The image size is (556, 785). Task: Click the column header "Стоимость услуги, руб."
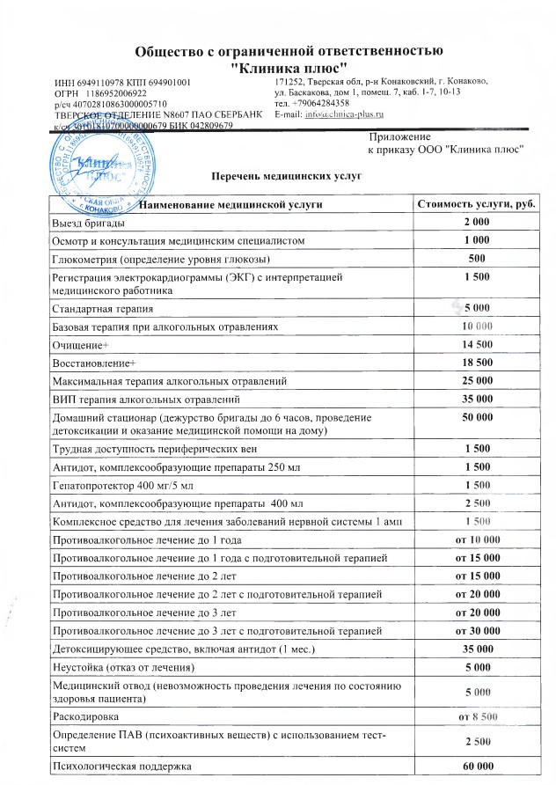[476, 204]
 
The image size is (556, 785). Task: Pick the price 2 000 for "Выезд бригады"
[476, 222]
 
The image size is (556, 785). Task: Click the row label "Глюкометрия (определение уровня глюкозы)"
[161, 259]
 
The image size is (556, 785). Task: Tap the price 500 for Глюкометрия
[476, 259]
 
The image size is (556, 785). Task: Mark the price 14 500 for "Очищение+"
[476, 344]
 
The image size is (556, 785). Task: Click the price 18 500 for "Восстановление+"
[476, 362]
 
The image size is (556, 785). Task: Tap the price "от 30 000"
[476, 631]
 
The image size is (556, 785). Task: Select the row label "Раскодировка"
[85, 717]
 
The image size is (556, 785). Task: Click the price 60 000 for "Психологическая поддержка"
[476, 767]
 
